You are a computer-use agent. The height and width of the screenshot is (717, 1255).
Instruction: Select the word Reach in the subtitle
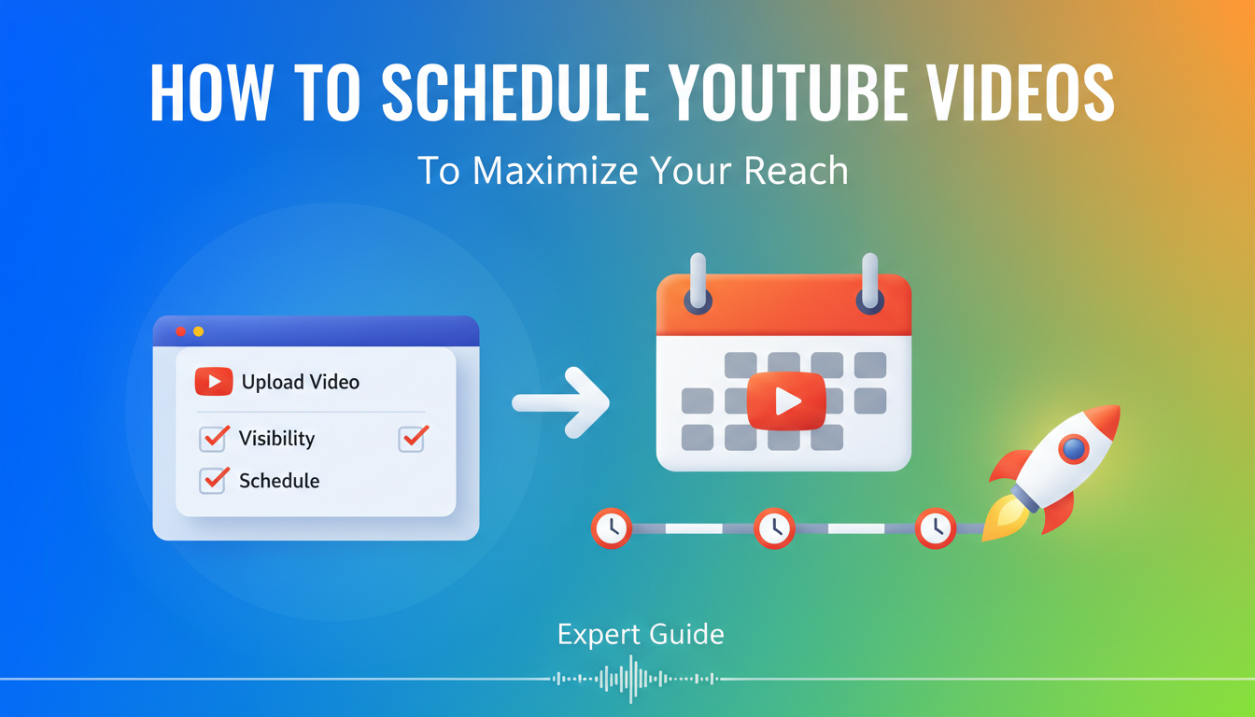click(797, 171)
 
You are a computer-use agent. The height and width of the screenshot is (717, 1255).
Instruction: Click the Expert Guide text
click(641, 635)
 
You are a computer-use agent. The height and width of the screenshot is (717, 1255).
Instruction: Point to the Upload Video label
click(300, 382)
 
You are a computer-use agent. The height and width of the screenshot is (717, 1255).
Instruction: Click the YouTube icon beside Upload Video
click(214, 381)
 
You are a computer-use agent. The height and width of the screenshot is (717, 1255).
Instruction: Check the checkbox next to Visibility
click(214, 438)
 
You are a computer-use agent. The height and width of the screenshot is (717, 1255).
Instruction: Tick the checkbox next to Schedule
click(214, 480)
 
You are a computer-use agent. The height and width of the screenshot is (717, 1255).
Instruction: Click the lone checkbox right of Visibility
click(413, 438)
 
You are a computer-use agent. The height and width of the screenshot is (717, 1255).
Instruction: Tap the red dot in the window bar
click(181, 331)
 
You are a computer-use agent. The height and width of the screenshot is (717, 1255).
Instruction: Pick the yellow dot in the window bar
click(198, 331)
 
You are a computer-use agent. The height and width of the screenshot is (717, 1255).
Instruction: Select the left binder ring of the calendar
click(698, 284)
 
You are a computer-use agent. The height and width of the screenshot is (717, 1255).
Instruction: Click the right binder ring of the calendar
click(870, 284)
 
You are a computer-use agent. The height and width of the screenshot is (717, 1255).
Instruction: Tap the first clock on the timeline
click(612, 528)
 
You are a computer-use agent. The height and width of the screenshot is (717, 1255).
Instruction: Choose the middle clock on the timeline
click(773, 528)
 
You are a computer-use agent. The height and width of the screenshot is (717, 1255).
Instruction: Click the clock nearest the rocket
click(935, 528)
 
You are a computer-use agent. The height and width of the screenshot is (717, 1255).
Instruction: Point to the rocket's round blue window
click(1074, 450)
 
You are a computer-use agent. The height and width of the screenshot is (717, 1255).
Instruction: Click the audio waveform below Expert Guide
click(635, 679)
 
